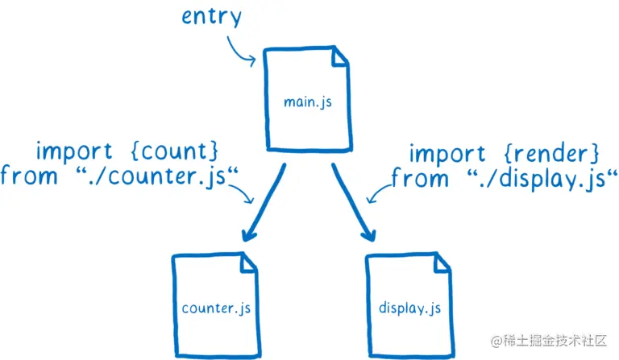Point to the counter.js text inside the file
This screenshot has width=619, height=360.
[x=211, y=308]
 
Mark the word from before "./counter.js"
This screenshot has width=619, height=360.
[x=30, y=176]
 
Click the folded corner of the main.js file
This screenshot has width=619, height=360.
[x=340, y=56]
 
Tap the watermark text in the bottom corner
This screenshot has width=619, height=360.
[x=548, y=342]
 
